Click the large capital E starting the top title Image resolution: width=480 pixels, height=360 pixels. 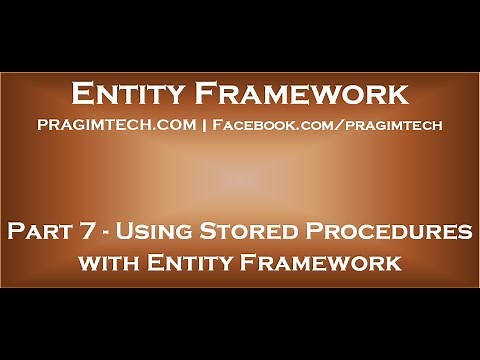click(x=83, y=95)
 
